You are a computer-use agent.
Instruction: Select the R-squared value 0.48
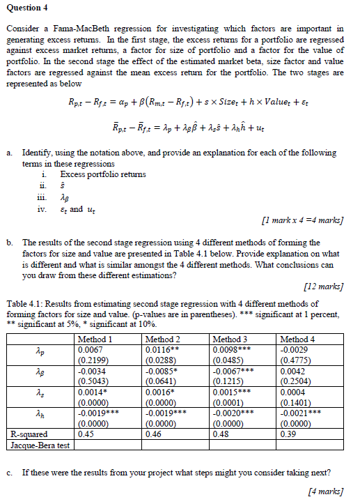[x=220, y=436]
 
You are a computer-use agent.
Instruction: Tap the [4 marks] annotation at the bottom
[x=327, y=491]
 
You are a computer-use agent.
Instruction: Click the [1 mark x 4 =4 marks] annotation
[x=301, y=222]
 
